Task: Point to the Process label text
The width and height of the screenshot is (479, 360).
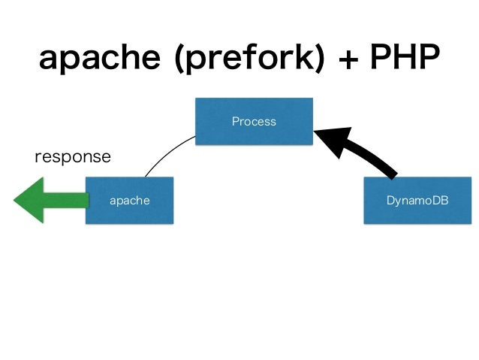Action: [x=254, y=121]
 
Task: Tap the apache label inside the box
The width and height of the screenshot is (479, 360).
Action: [x=130, y=201]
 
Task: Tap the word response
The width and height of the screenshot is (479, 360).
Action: [x=73, y=157]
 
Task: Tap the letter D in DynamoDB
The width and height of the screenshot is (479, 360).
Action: [x=390, y=201]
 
